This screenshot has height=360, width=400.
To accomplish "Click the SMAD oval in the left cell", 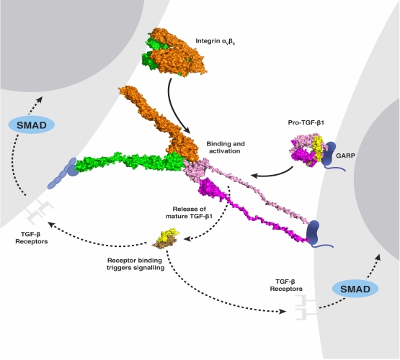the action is click(32, 125).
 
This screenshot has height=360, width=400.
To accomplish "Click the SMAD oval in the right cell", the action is click(355, 289).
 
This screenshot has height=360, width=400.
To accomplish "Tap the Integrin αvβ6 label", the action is click(215, 41).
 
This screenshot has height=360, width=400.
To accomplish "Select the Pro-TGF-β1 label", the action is click(306, 122).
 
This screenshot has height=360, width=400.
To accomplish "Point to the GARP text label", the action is click(345, 156).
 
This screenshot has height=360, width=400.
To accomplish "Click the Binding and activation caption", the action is click(226, 148).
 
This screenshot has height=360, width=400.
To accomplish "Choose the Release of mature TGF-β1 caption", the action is click(190, 212).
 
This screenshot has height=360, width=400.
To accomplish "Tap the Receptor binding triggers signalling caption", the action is click(135, 264).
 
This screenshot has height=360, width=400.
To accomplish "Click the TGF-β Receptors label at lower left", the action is click(32, 238).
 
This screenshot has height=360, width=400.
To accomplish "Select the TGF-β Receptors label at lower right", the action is click(286, 285).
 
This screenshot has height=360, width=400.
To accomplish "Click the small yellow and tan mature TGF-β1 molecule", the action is click(166, 238).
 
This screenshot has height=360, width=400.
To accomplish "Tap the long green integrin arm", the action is click(130, 163).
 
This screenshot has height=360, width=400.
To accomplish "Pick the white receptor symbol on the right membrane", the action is click(306, 307).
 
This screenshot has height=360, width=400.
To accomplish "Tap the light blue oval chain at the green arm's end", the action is click(63, 174).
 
